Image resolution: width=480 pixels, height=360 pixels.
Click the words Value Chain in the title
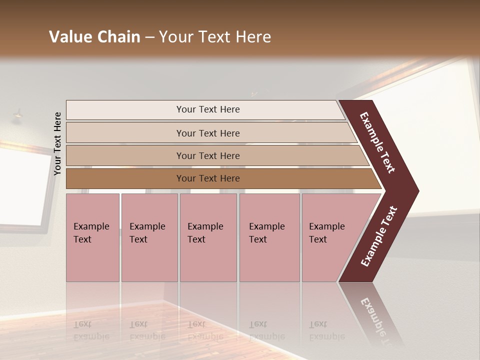[x=94, y=37]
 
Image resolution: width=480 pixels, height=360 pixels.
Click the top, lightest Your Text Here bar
[x=207, y=109]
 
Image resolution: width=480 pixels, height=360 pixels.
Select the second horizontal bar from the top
[x=207, y=133]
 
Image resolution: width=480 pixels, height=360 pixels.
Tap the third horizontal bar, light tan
[x=207, y=155]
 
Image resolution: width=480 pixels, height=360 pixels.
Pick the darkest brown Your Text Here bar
[x=207, y=178]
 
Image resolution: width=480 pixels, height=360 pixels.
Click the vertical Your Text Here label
[x=57, y=144]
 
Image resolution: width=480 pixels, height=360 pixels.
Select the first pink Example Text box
[x=92, y=237]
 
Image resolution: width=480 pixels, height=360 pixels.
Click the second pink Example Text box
[x=149, y=237]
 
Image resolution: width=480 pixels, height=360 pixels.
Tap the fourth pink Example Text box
[x=269, y=237]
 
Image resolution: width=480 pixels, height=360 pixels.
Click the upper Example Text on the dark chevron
[x=377, y=142]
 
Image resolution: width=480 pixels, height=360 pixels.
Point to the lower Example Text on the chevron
[x=379, y=236]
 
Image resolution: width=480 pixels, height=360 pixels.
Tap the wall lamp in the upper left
[x=18, y=115]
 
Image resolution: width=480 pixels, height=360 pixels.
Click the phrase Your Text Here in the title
[x=215, y=37]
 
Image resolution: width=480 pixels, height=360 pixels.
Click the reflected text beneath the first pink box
[x=91, y=330]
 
